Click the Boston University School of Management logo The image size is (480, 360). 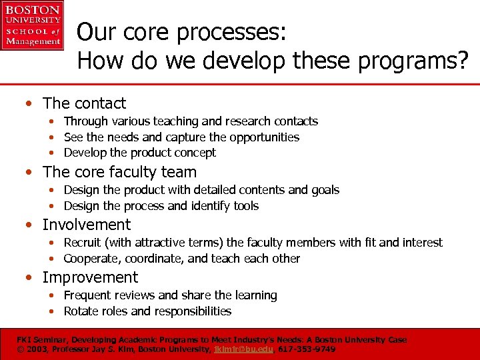click(x=32, y=25)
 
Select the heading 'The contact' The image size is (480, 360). click(x=84, y=103)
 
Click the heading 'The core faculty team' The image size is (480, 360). click(x=119, y=172)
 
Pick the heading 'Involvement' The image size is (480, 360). click(x=87, y=225)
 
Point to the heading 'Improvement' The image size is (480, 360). click(x=90, y=277)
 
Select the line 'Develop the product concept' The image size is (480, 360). click(x=139, y=153)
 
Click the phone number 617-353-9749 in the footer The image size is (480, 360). click(x=307, y=349)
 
